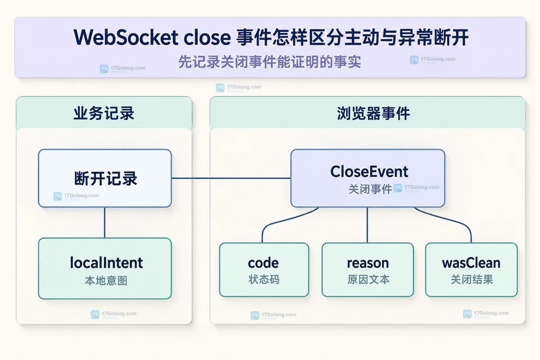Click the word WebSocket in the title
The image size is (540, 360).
click(x=126, y=37)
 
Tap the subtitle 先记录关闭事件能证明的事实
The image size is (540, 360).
click(x=269, y=62)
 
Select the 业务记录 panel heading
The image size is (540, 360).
click(x=104, y=113)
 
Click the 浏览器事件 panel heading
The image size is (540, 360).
click(x=373, y=113)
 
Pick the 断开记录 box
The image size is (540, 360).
click(x=105, y=178)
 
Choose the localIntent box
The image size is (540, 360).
click(x=105, y=268)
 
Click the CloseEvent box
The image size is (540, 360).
click(x=368, y=178)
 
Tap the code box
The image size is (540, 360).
click(x=264, y=270)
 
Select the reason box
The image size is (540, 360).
click(x=368, y=270)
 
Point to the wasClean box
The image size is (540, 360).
click(x=471, y=270)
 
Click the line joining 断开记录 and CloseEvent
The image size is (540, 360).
click(x=231, y=178)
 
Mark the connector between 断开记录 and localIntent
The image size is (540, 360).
click(x=105, y=222)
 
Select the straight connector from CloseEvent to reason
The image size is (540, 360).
click(x=367, y=225)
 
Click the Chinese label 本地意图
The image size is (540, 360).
click(x=105, y=281)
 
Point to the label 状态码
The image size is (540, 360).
click(x=264, y=279)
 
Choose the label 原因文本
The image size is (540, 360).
click(x=368, y=279)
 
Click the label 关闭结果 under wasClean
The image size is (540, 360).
click(x=472, y=279)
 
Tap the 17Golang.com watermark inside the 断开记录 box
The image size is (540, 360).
click(x=76, y=196)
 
